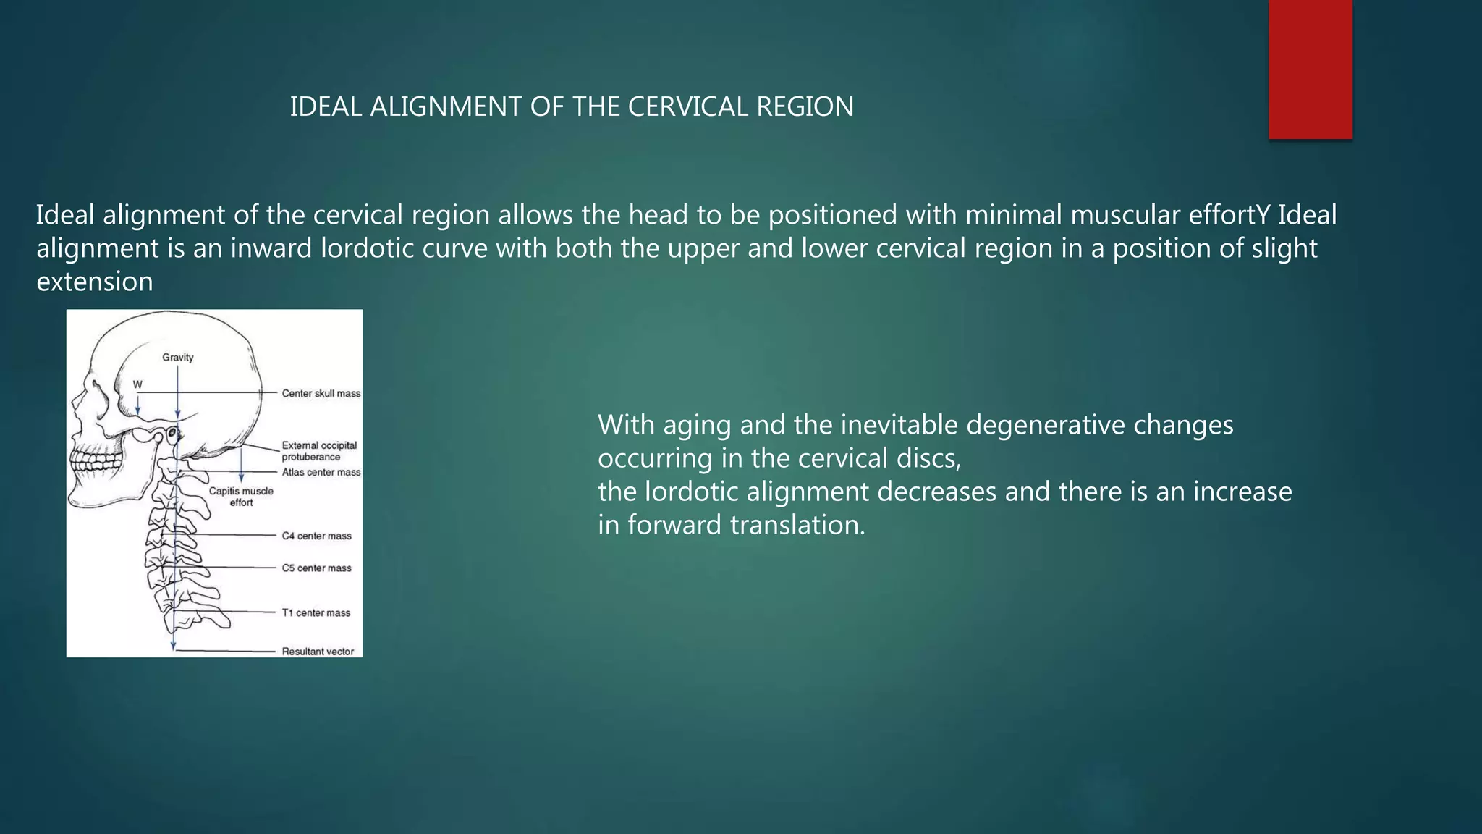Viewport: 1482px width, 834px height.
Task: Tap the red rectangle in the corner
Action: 1310,69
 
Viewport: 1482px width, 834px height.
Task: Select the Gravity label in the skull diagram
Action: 178,357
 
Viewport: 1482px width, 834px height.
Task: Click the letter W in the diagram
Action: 137,384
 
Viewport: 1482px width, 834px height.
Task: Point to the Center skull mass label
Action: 321,393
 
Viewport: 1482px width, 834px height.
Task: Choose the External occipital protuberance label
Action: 319,451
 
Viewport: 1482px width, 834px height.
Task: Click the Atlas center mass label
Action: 321,472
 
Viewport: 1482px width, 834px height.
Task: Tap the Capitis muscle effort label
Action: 241,497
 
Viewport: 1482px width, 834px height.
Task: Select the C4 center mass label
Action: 316,536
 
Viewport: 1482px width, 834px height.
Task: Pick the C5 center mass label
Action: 316,568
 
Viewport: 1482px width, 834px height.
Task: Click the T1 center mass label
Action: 316,612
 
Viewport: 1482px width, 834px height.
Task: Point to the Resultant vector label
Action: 318,652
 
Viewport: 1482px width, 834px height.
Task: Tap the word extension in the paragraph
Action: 95,282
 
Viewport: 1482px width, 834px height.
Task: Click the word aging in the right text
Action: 695,425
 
